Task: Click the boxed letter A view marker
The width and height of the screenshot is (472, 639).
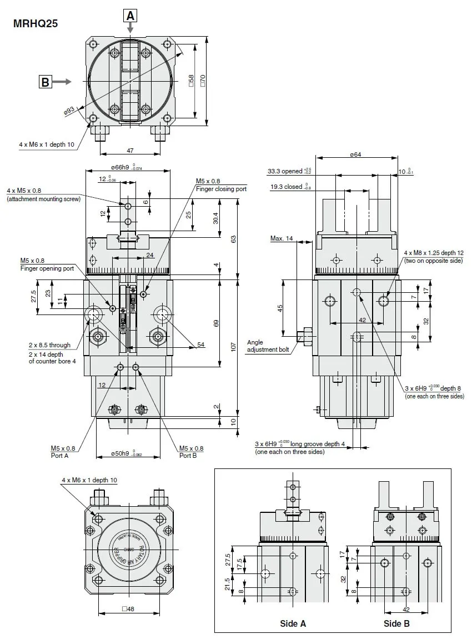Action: pyautogui.click(x=130, y=16)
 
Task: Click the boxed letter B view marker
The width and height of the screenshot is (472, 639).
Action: pyautogui.click(x=45, y=82)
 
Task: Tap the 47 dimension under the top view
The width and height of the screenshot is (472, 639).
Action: pyautogui.click(x=130, y=151)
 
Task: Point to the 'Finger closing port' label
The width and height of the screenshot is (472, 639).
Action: pyautogui.click(x=221, y=189)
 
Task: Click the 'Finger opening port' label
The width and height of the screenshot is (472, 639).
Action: pyautogui.click(x=47, y=268)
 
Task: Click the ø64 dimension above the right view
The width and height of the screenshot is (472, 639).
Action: pyautogui.click(x=355, y=154)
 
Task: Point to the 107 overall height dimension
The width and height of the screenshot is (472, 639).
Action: pyautogui.click(x=234, y=347)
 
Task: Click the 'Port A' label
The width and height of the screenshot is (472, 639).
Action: pyautogui.click(x=59, y=456)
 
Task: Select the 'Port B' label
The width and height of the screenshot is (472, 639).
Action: pyautogui.click(x=188, y=456)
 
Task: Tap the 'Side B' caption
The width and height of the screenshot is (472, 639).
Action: pyautogui.click(x=396, y=623)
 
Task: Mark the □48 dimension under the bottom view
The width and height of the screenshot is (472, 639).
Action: pyautogui.click(x=129, y=608)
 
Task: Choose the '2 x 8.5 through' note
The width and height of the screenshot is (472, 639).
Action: pyautogui.click(x=49, y=345)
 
